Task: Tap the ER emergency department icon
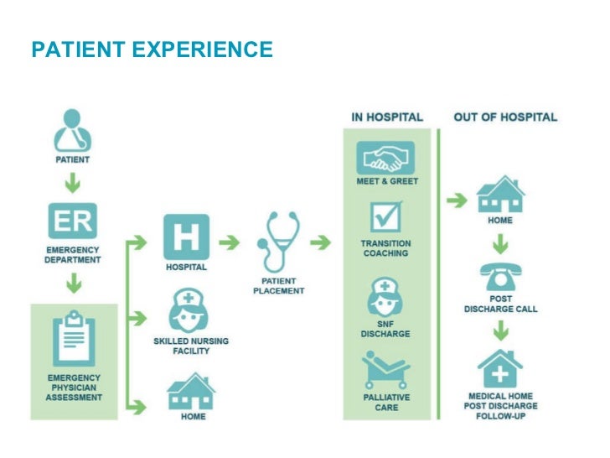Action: coord(72,221)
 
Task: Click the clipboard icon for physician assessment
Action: coord(73,341)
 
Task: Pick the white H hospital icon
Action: coord(186,237)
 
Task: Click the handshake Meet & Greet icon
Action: coord(386,156)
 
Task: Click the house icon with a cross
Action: coord(500,369)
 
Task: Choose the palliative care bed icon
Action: coord(386,371)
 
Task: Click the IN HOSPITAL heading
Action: coord(386,117)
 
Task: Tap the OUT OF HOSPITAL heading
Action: coord(505,117)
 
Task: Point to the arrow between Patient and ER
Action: coord(73,180)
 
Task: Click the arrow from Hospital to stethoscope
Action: coord(228,242)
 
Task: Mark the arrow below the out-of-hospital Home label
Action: coord(500,243)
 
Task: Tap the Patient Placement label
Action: coord(278,285)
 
